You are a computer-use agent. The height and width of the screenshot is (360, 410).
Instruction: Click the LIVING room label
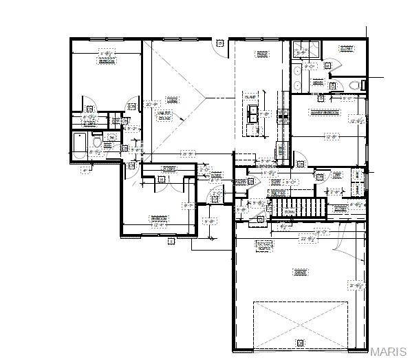pyautogui.click(x=172, y=100)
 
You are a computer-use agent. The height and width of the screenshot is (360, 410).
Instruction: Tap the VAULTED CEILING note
pyautogui.click(x=164, y=117)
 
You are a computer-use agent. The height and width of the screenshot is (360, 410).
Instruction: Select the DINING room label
pyautogui.click(x=262, y=54)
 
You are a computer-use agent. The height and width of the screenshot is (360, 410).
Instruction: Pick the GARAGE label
pyautogui.click(x=300, y=273)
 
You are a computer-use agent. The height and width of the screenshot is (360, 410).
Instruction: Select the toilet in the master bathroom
pyautogui.click(x=355, y=85)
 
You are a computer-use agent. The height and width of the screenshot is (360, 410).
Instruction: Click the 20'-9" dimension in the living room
pyautogui.click(x=150, y=104)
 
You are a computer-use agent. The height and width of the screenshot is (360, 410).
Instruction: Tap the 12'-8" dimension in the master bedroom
pyautogui.click(x=332, y=136)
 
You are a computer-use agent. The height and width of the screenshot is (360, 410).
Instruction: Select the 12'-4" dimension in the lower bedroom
pyautogui.click(x=159, y=224)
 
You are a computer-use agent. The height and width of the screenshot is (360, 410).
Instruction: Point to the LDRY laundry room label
pyautogui.click(x=336, y=176)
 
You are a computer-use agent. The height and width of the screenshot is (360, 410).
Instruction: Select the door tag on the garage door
pyautogui.click(x=299, y=342)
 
